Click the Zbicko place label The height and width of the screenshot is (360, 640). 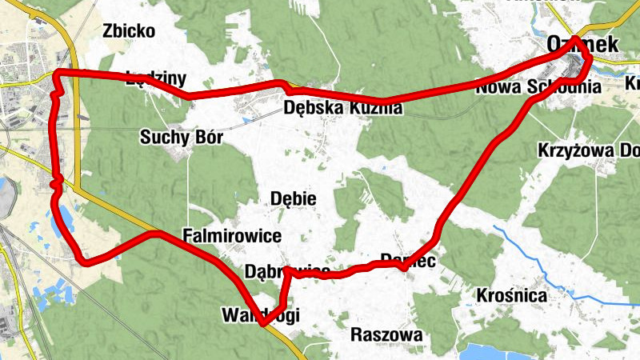click(129, 31)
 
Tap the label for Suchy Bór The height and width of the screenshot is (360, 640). click(181, 136)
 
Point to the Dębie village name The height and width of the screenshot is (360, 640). click(294, 198)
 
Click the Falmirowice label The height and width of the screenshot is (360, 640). click(232, 236)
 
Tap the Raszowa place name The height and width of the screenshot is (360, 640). click(386, 335)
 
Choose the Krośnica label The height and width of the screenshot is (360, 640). click(511, 296)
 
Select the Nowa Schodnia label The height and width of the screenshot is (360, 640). click(537, 88)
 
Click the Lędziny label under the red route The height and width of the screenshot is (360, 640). click(156, 78)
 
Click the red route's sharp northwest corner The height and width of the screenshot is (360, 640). click(58, 74)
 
